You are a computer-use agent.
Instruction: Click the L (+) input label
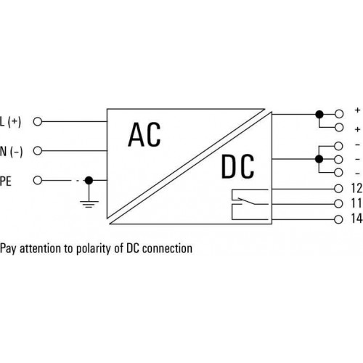[x=10, y=122]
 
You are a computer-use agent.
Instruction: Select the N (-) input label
[x=11, y=152]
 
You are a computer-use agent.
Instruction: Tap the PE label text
[x=6, y=181]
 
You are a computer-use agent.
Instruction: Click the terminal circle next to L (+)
[x=38, y=121]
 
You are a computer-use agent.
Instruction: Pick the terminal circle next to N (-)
[x=38, y=151]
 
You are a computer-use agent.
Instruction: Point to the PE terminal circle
[x=38, y=180]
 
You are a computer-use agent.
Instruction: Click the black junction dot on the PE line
[x=89, y=180]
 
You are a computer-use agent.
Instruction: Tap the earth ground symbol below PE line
[x=89, y=204]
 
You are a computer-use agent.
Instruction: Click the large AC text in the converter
[x=144, y=134]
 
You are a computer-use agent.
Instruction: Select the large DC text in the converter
[x=237, y=167]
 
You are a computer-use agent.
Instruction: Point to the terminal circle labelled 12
[x=338, y=189]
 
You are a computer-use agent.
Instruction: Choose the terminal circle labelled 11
[x=338, y=204]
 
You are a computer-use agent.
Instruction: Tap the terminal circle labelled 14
[x=338, y=219]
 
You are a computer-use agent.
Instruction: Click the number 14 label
[x=356, y=219]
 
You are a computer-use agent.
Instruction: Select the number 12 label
[x=356, y=188]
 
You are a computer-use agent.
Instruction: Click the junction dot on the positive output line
[x=319, y=114]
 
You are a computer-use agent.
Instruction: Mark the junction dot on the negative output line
[x=319, y=159]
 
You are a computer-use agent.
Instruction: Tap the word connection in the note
[x=167, y=248]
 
